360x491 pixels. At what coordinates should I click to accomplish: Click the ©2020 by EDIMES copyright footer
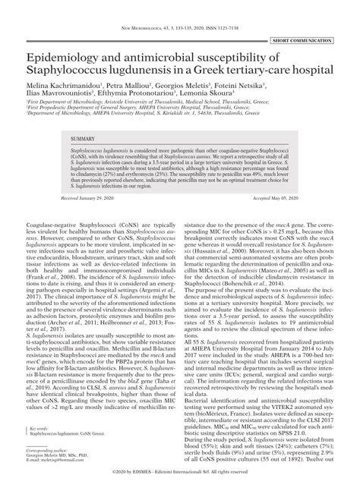(180, 482)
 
